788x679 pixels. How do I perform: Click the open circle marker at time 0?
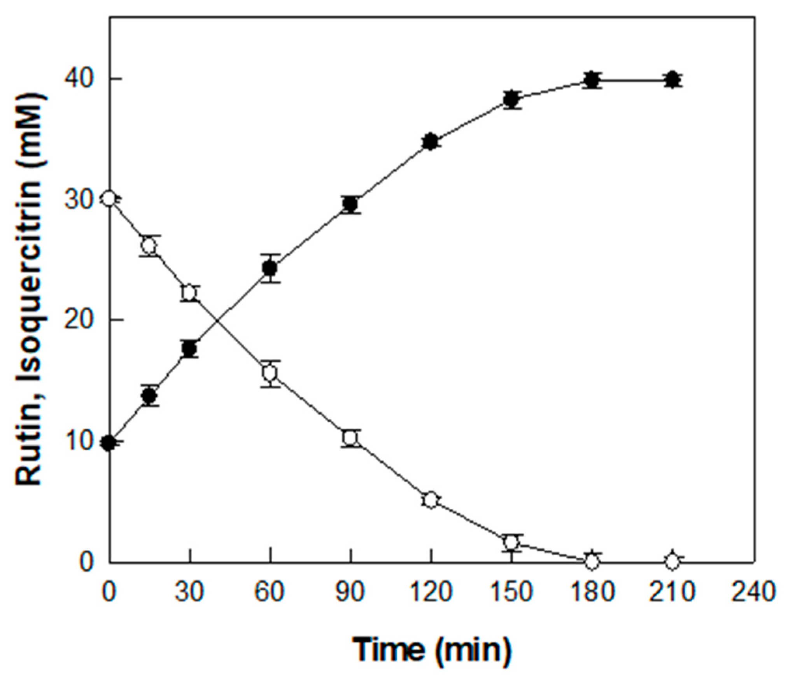click(x=109, y=199)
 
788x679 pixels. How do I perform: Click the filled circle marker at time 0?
click(x=109, y=443)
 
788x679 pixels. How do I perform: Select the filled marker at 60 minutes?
click(x=270, y=268)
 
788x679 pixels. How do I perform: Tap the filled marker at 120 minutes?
click(x=431, y=142)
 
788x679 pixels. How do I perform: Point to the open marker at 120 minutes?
click(x=431, y=500)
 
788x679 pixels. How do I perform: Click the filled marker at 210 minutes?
click(x=672, y=80)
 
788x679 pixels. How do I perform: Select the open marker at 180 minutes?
click(x=592, y=562)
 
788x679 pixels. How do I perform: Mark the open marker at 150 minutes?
click(x=511, y=542)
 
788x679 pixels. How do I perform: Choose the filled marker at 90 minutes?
click(x=350, y=204)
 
